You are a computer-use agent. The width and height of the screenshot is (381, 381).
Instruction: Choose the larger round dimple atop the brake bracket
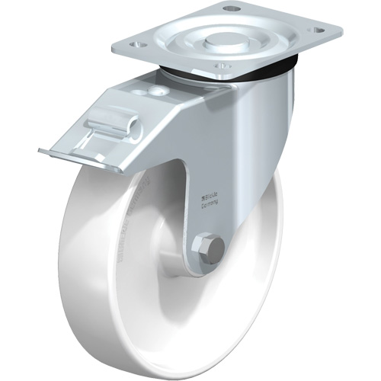pos(157,91)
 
